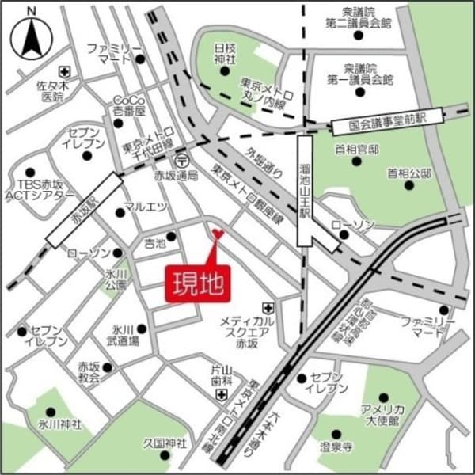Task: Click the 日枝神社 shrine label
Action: pyautogui.click(x=225, y=54)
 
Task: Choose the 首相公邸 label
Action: pyautogui.click(x=409, y=172)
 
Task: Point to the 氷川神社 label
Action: pyautogui.click(x=55, y=424)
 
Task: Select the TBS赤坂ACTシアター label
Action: pyautogui.click(x=39, y=189)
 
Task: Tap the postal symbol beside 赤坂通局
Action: pyautogui.click(x=183, y=158)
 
